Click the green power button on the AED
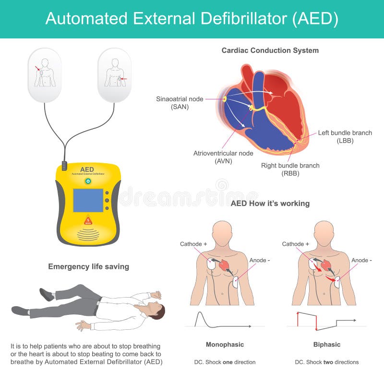click(x=87, y=181)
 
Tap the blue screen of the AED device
click(x=88, y=200)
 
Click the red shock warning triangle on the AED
click(x=88, y=220)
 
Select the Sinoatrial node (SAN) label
click(x=180, y=103)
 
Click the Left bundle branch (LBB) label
click(x=345, y=136)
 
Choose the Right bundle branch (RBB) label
click(x=290, y=169)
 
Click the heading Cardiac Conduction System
click(x=270, y=50)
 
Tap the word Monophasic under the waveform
click(x=225, y=345)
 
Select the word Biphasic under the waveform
click(x=327, y=345)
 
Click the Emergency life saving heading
click(x=88, y=266)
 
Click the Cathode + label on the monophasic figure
click(x=193, y=244)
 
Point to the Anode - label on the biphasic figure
click(x=361, y=260)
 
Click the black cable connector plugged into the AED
click(x=64, y=166)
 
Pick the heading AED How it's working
click(x=270, y=203)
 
